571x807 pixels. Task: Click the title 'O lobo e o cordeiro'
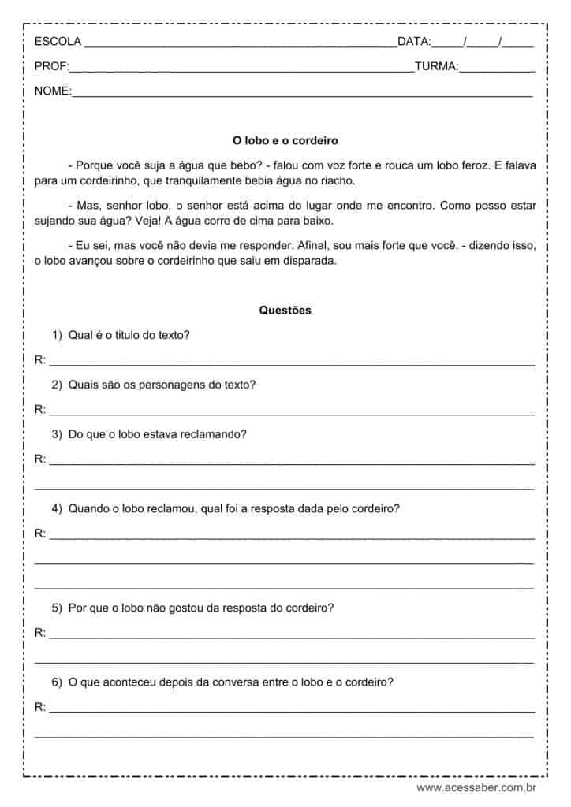[x=285, y=141]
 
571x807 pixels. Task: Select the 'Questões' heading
[x=285, y=311]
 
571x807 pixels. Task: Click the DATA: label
[x=414, y=41]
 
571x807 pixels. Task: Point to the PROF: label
[x=52, y=67]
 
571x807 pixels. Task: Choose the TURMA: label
[x=436, y=67]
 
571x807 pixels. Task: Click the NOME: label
[x=53, y=92]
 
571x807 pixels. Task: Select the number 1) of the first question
[x=57, y=335]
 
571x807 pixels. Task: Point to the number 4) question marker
[x=57, y=508]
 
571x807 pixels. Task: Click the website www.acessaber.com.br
[x=476, y=787]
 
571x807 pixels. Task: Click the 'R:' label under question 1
[x=40, y=360]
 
